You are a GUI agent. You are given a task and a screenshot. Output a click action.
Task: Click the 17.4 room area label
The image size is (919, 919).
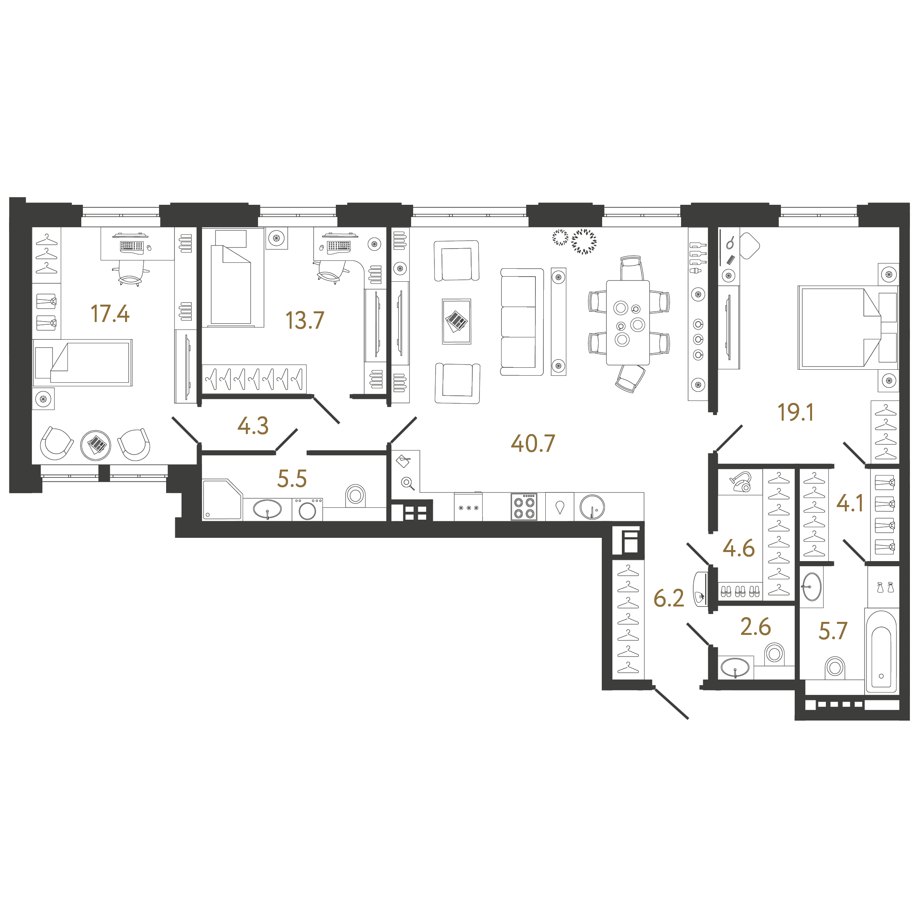tap(110, 314)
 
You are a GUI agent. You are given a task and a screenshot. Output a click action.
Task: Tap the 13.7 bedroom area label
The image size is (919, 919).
tap(305, 320)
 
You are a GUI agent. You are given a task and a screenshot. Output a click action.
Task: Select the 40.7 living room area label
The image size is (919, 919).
tap(533, 444)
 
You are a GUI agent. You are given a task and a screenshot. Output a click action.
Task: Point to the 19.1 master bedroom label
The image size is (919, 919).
tap(795, 412)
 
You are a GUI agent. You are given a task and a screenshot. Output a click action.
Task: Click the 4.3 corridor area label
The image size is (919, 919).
tap(253, 426)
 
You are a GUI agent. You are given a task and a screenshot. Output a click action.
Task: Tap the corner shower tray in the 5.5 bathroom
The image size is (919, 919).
tap(223, 500)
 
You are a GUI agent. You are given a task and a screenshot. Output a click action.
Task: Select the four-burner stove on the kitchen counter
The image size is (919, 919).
tap(524, 507)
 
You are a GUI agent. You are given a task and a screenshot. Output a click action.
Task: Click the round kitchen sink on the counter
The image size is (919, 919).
tap(592, 507)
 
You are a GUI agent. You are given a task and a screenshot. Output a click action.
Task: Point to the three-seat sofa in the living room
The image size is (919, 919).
tap(522, 322)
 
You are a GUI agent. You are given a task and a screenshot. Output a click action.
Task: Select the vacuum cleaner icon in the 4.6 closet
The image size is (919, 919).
tap(741, 481)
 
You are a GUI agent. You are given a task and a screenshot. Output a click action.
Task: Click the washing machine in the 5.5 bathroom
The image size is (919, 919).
tap(307, 509)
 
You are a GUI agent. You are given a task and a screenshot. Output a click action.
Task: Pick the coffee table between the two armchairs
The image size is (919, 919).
tap(457, 321)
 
